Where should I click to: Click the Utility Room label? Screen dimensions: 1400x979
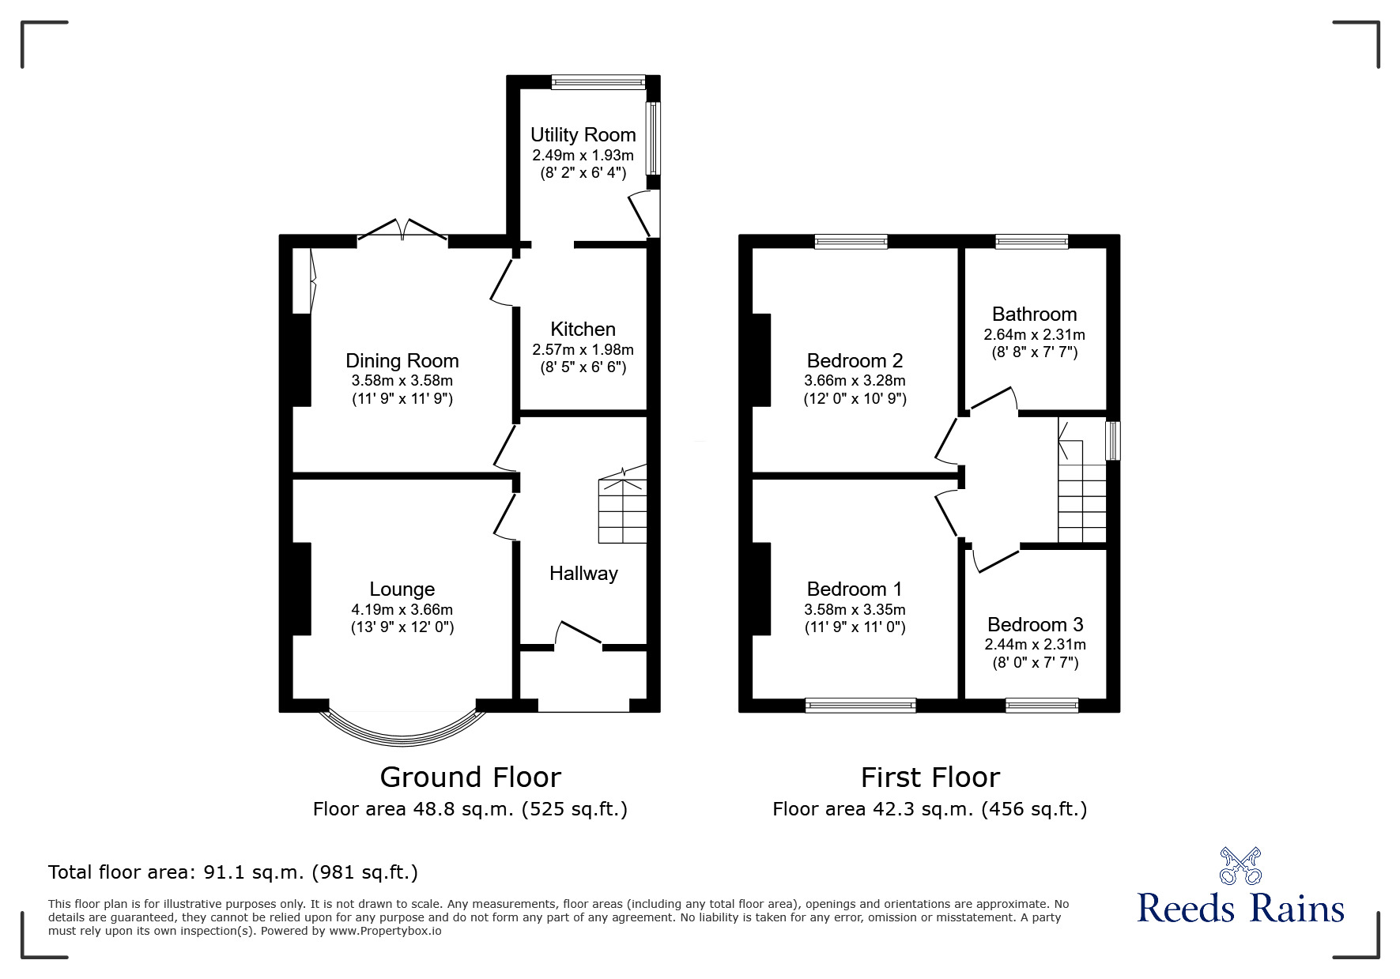click(583, 135)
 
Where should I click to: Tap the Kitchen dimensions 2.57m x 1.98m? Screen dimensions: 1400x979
click(583, 349)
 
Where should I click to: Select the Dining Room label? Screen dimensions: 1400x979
click(402, 361)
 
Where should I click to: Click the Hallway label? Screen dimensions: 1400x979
click(583, 574)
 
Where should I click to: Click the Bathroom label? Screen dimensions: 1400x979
click(1034, 314)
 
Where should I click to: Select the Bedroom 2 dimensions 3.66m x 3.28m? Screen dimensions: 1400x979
click(855, 381)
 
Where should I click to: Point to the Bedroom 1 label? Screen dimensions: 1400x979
click(854, 589)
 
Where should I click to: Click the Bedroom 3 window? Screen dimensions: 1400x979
click(1042, 706)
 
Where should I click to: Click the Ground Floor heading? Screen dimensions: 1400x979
click(470, 778)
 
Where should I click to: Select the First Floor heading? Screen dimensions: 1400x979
click(930, 778)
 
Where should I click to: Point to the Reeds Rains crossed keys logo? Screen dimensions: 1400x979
click(1240, 866)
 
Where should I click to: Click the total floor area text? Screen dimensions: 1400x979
click(233, 872)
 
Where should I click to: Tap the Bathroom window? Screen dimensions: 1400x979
click(1032, 242)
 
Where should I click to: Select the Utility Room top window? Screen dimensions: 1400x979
click(598, 81)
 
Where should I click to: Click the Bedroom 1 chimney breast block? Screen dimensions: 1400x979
click(761, 589)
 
